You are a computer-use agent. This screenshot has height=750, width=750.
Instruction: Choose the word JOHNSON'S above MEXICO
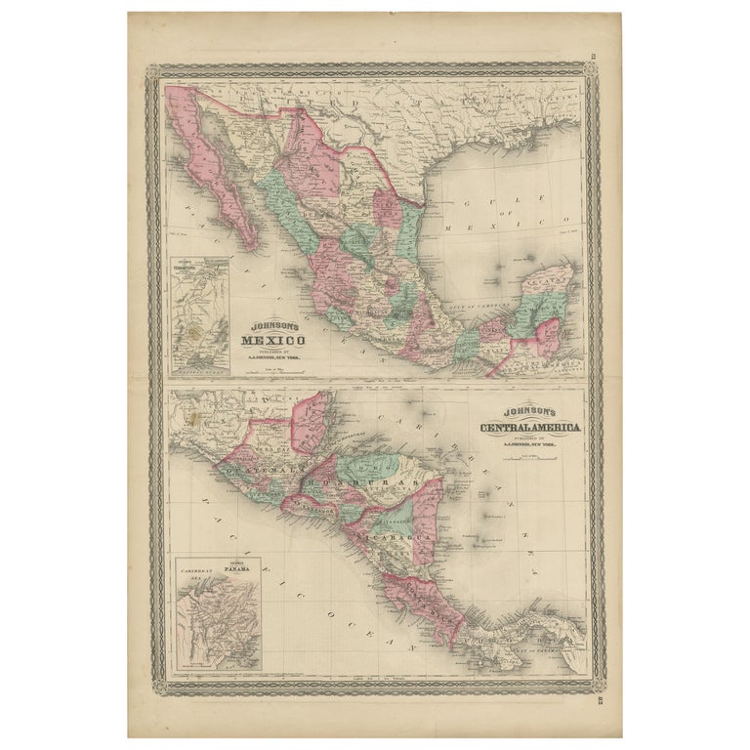point(272,327)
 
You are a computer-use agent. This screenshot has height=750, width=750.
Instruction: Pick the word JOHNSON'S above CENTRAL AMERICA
point(530,414)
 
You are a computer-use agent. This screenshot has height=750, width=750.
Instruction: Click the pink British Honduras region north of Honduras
point(312,422)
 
